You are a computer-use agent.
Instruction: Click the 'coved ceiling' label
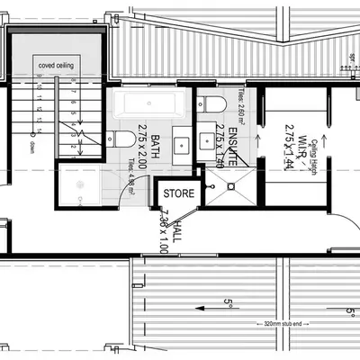tap(57, 66)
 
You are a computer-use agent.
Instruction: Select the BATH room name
tap(155, 146)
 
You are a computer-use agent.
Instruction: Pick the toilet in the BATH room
tap(116, 140)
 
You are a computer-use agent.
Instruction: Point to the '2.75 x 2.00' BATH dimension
tap(142, 146)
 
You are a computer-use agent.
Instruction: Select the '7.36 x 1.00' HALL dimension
tap(166, 230)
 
